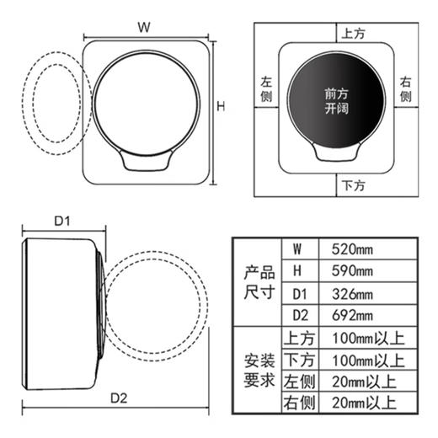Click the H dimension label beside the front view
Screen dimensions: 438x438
tap(221, 107)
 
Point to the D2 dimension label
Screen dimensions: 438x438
tap(117, 398)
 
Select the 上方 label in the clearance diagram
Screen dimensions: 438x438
tap(352, 35)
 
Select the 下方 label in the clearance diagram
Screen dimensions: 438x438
tap(352, 184)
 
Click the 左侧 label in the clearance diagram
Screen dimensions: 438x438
tap(268, 91)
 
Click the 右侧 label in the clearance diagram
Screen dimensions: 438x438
tap(406, 91)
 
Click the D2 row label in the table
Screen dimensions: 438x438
tap(296, 316)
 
